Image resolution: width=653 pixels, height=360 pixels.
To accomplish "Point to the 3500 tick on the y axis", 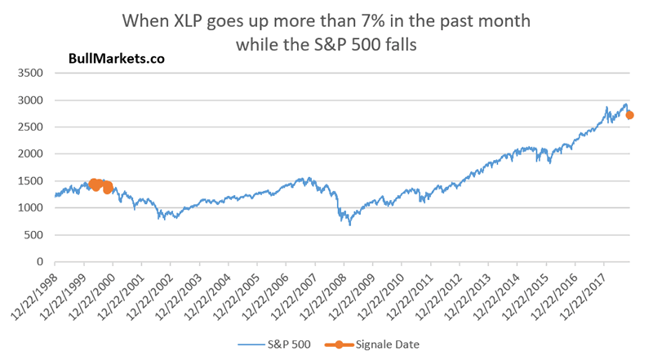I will [33, 73].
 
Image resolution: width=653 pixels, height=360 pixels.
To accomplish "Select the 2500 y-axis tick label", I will [33, 127].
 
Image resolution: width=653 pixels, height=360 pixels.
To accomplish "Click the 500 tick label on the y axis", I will [38, 235].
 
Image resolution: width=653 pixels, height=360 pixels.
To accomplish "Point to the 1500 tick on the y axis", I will [33, 181].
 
